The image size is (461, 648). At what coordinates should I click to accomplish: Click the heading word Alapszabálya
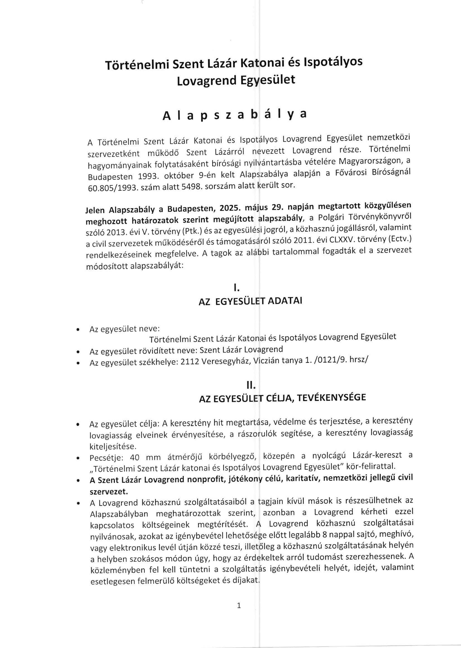click(x=235, y=115)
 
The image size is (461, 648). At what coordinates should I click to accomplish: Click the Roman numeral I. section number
click(x=236, y=288)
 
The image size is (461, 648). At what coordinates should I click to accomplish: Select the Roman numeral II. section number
click(x=251, y=385)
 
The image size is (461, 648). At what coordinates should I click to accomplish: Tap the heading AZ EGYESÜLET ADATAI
click(x=250, y=301)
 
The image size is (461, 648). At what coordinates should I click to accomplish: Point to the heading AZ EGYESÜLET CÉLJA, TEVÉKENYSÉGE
click(x=282, y=398)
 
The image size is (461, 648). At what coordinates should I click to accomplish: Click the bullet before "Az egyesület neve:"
click(x=77, y=330)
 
